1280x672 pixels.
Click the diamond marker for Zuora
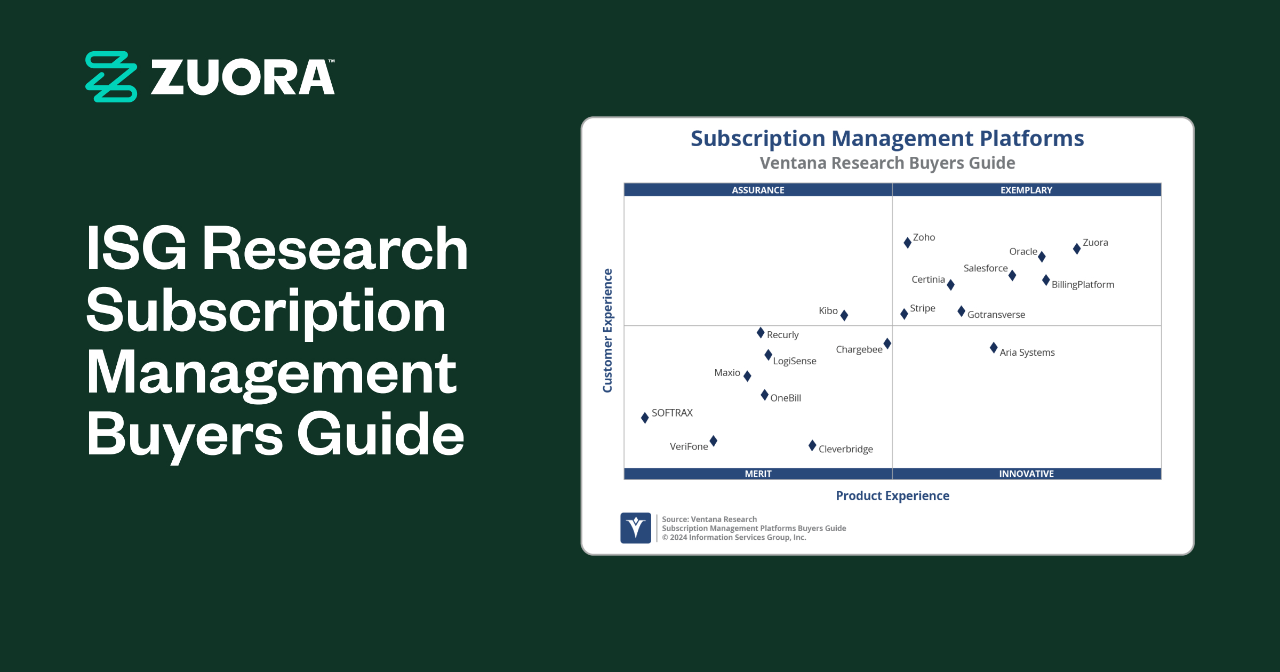coord(1077,249)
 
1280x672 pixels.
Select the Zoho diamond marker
coord(907,243)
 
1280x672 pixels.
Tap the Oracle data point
coord(1042,257)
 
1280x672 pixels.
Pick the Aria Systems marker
coord(994,348)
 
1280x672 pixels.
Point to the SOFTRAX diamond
coord(645,418)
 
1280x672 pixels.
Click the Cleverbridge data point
coord(812,445)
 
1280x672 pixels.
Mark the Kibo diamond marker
coord(844,315)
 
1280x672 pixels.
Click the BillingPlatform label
coord(1083,285)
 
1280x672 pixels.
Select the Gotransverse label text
coord(996,315)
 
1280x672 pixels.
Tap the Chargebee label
coord(859,349)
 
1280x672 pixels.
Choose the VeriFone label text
coord(689,446)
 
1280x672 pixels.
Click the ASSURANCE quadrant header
coord(758,190)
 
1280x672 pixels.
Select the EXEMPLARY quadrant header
coord(1026,190)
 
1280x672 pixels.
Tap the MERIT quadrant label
coord(758,474)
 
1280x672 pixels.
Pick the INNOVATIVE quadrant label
coord(1026,474)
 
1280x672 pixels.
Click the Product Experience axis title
coord(892,496)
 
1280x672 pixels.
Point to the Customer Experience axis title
coord(607,331)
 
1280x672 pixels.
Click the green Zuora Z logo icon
coord(111,77)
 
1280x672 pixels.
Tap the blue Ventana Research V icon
coord(636,528)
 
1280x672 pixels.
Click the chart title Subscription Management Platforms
coord(887,139)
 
